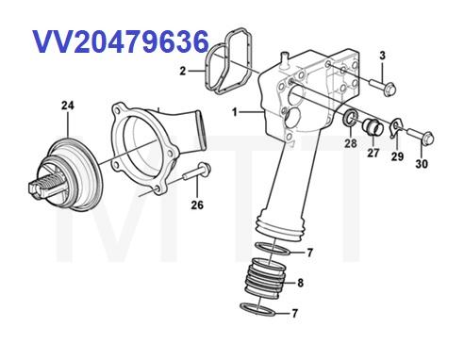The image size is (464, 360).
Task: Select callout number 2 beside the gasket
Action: coord(184,70)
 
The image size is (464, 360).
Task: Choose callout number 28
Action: coord(351,143)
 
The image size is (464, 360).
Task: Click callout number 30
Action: coord(422,163)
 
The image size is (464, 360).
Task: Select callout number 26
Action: coord(196,205)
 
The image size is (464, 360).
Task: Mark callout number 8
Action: coord(300,282)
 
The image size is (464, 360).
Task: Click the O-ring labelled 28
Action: coord(350,120)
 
